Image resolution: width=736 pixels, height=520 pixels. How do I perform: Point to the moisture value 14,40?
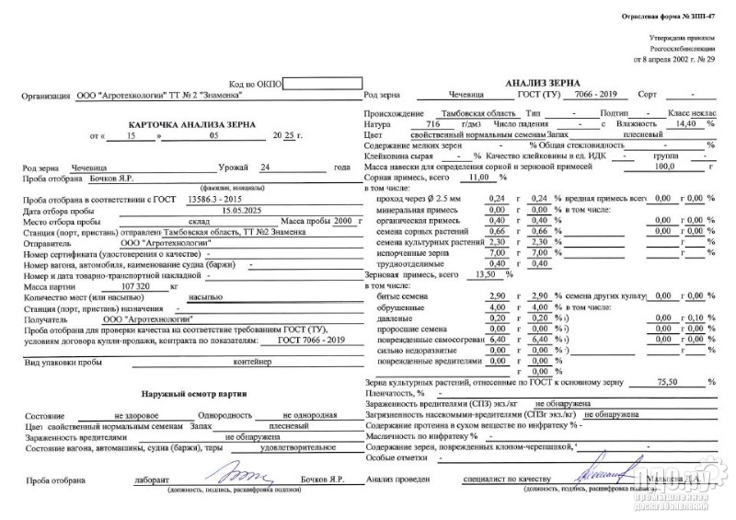point(684,122)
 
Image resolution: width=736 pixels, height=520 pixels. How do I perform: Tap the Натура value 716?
point(435,123)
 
